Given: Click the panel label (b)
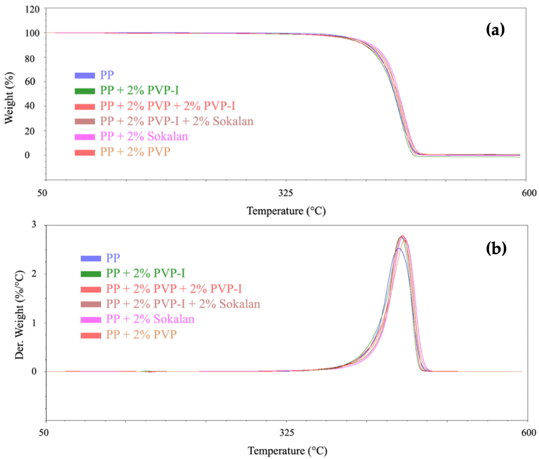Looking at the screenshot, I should pyautogui.click(x=496, y=248).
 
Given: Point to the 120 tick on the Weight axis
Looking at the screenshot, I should pyautogui.click(x=32, y=10).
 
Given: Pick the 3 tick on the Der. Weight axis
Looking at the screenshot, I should pyautogui.click(x=34, y=224).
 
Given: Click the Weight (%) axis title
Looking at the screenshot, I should pyautogui.click(x=9, y=98).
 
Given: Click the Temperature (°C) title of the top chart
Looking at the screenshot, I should pyautogui.click(x=286, y=211).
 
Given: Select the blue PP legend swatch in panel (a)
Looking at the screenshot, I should pyautogui.click(x=85, y=75).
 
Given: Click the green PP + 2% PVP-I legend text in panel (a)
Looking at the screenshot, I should pyautogui.click(x=140, y=90).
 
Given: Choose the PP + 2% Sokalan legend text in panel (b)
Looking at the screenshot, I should pyautogui.click(x=150, y=319).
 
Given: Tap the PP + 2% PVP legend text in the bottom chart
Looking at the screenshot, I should pyautogui.click(x=141, y=334).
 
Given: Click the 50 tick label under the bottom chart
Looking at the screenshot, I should pyautogui.click(x=44, y=432).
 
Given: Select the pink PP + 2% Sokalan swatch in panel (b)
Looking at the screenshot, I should pyautogui.click(x=91, y=320).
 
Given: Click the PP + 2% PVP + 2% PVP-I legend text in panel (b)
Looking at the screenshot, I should pyautogui.click(x=174, y=289).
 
